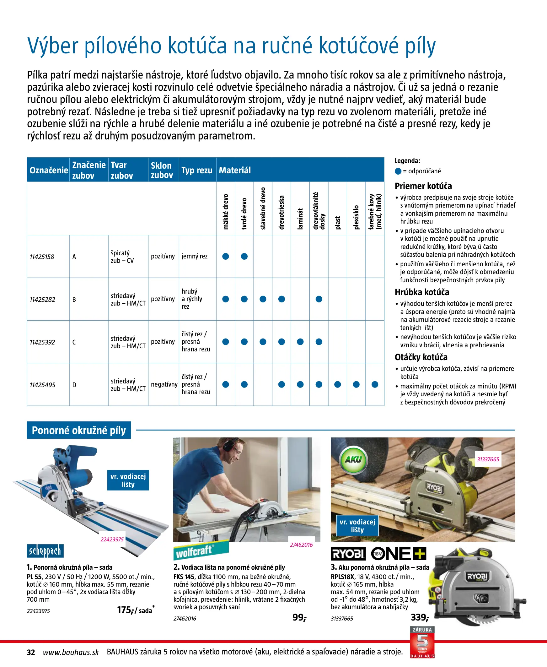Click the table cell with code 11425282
pyautogui.click(x=42, y=300)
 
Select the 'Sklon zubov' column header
pyautogui.click(x=162, y=170)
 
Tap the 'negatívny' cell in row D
pyautogui.click(x=164, y=384)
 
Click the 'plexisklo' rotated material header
pyautogui.click(x=357, y=217)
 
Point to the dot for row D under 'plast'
pyautogui.click(x=337, y=384)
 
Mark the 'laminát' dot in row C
pyautogui.click(x=300, y=342)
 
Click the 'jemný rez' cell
pyautogui.click(x=194, y=256)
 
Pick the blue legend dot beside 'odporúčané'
pyautogui.click(x=398, y=171)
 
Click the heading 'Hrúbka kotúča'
pyautogui.click(x=422, y=292)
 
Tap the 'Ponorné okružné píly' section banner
pyautogui.click(x=79, y=430)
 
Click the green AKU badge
pyautogui.click(x=353, y=460)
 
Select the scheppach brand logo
pyautogui.click(x=45, y=551)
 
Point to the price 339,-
pyautogui.click(x=420, y=617)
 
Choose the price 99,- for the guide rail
pyautogui.click(x=299, y=617)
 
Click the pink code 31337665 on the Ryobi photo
pyautogui.click(x=488, y=459)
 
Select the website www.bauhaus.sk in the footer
pyautogui.click(x=71, y=652)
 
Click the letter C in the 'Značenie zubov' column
pyautogui.click(x=74, y=342)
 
